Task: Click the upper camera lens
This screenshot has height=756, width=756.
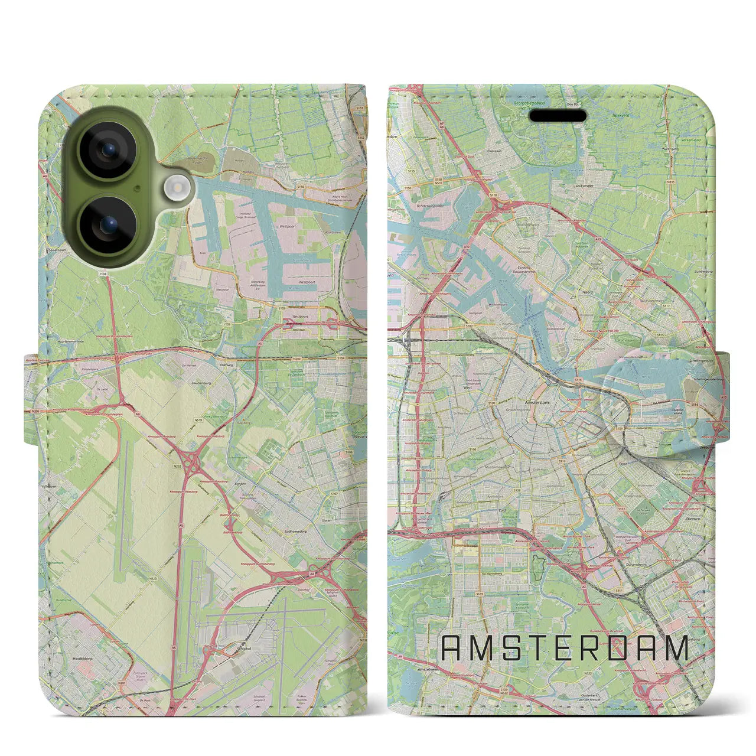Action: (107, 151)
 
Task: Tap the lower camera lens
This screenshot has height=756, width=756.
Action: (107, 224)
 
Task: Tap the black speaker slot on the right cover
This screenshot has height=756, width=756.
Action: (557, 116)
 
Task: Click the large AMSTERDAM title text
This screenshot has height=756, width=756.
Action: (565, 648)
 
